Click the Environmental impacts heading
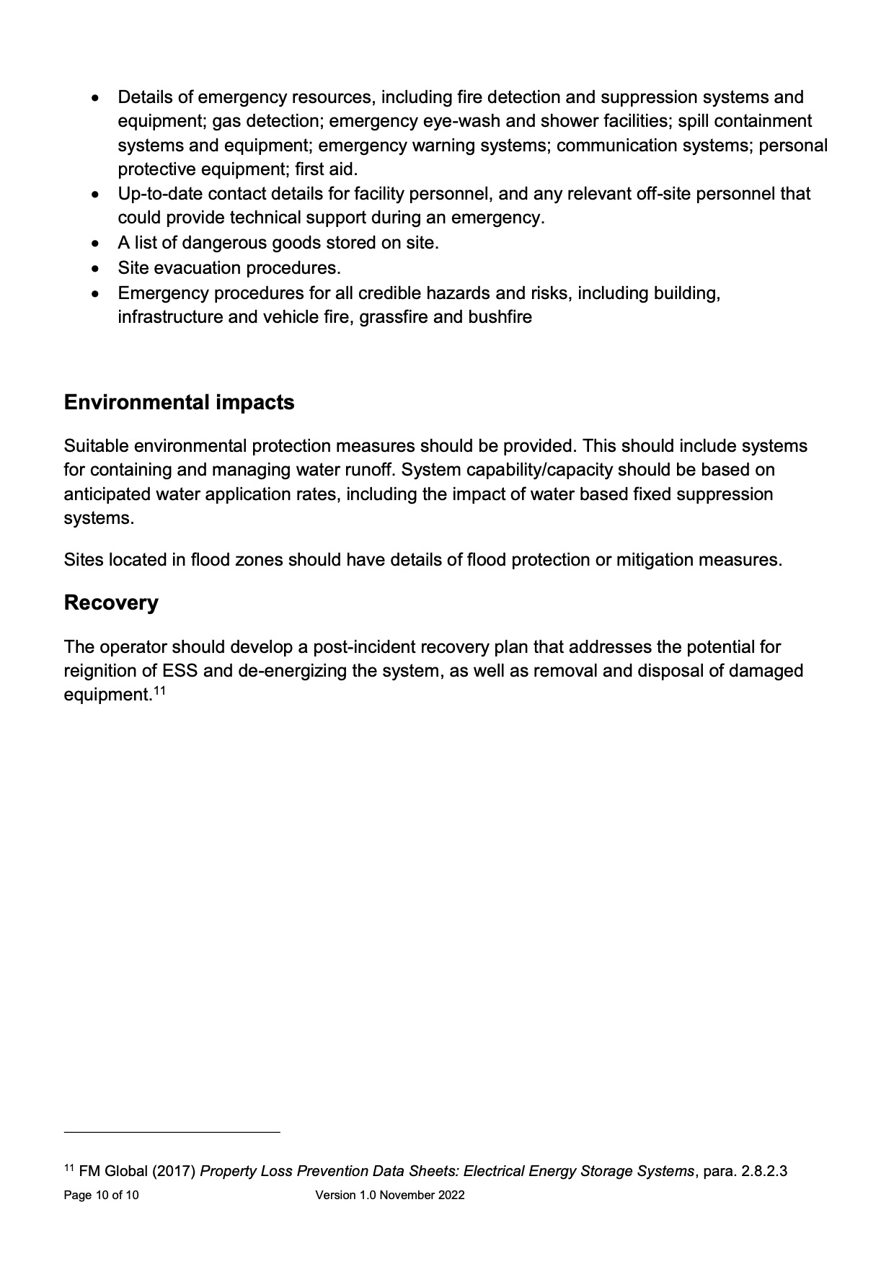[179, 402]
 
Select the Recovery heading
[111, 602]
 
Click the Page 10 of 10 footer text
[101, 1195]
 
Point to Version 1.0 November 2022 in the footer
[389, 1195]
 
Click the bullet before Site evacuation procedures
[97, 269]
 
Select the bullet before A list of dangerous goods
[97, 244]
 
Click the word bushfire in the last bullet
[500, 317]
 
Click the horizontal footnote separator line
[172, 1132]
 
